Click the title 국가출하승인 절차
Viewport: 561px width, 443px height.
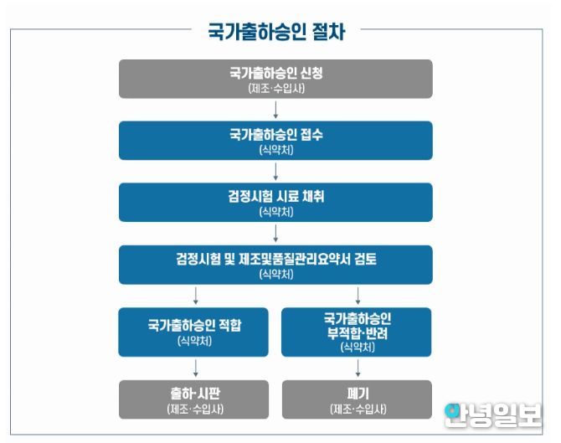pos(276,32)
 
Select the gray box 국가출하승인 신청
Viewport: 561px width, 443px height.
pos(275,79)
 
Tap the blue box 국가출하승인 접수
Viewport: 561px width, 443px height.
pos(275,141)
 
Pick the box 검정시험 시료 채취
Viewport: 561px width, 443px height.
pos(275,203)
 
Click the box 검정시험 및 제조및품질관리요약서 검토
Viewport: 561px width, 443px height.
pos(275,265)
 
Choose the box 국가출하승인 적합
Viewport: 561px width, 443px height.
pos(193,332)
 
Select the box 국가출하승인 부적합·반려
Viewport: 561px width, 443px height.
pos(357,332)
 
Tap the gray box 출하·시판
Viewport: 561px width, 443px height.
pos(193,399)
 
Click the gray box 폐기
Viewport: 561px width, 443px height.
pos(357,399)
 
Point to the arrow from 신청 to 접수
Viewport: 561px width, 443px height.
pos(275,110)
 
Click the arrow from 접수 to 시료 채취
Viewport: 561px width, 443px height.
pos(275,172)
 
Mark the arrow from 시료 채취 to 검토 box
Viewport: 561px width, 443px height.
pos(275,234)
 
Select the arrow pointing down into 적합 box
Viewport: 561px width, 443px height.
pos(195,296)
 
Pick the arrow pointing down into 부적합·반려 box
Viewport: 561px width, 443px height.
pos(358,296)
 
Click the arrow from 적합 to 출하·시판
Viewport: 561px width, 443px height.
pos(195,368)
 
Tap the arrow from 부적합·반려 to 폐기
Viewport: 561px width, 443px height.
pos(358,368)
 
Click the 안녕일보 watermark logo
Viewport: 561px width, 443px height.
pos(493,415)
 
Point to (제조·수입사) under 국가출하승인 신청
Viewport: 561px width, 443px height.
pos(276,89)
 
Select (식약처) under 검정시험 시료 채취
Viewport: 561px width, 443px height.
pos(276,212)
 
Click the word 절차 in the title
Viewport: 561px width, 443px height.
pos(329,32)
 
